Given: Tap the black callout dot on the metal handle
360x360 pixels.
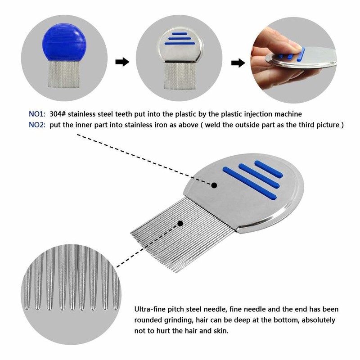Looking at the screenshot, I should coord(214,185).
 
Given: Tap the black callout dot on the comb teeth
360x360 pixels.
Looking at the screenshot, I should coord(180,223).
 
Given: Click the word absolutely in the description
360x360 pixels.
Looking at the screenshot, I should coord(321,320).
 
